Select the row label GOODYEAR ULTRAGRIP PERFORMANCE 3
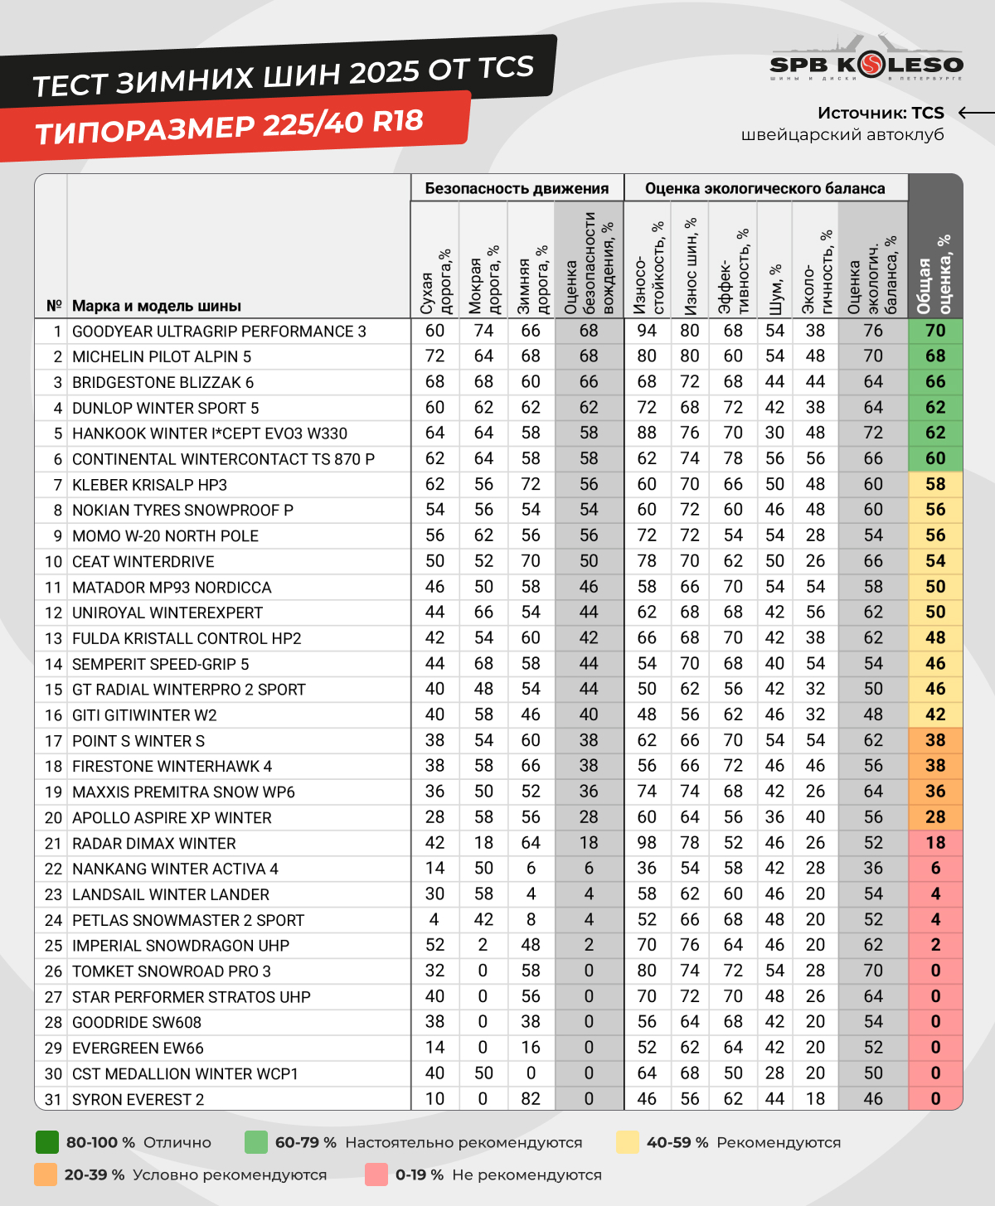coord(219,332)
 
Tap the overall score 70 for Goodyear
coord(935,331)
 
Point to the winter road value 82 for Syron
coord(531,1099)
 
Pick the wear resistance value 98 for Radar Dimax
coord(647,843)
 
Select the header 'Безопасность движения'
coord(517,188)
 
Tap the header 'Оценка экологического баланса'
coord(764,188)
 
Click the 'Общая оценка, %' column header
coord(934,274)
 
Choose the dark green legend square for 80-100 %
coord(47,1142)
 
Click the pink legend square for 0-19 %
coord(376,1175)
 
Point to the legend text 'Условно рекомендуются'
coord(230,1175)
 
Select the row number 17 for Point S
coord(53,741)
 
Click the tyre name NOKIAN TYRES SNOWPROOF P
coord(182,511)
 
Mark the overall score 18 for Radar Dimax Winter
coord(935,843)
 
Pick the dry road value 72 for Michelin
coord(434,356)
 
